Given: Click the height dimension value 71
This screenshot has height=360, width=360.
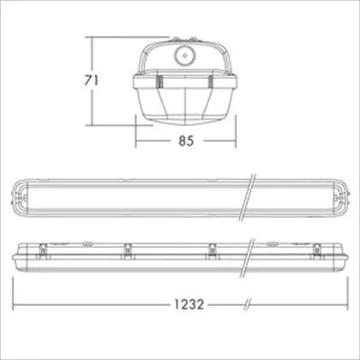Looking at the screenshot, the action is click(91, 81).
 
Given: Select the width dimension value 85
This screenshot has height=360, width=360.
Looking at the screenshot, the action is click(186, 141).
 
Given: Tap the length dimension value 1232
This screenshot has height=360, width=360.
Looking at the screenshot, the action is click(189, 304).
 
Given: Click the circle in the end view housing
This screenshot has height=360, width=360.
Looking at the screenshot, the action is click(184, 55).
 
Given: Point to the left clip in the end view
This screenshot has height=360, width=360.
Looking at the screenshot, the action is click(159, 82).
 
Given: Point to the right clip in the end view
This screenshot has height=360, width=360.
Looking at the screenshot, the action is click(211, 82).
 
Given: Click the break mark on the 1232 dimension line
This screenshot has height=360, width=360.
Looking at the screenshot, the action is click(247, 304).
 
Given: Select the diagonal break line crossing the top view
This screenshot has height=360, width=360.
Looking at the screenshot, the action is click(247, 197).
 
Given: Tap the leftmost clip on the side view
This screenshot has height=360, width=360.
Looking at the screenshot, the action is click(43, 250).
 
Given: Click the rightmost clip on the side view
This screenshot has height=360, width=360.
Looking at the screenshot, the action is click(316, 250).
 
